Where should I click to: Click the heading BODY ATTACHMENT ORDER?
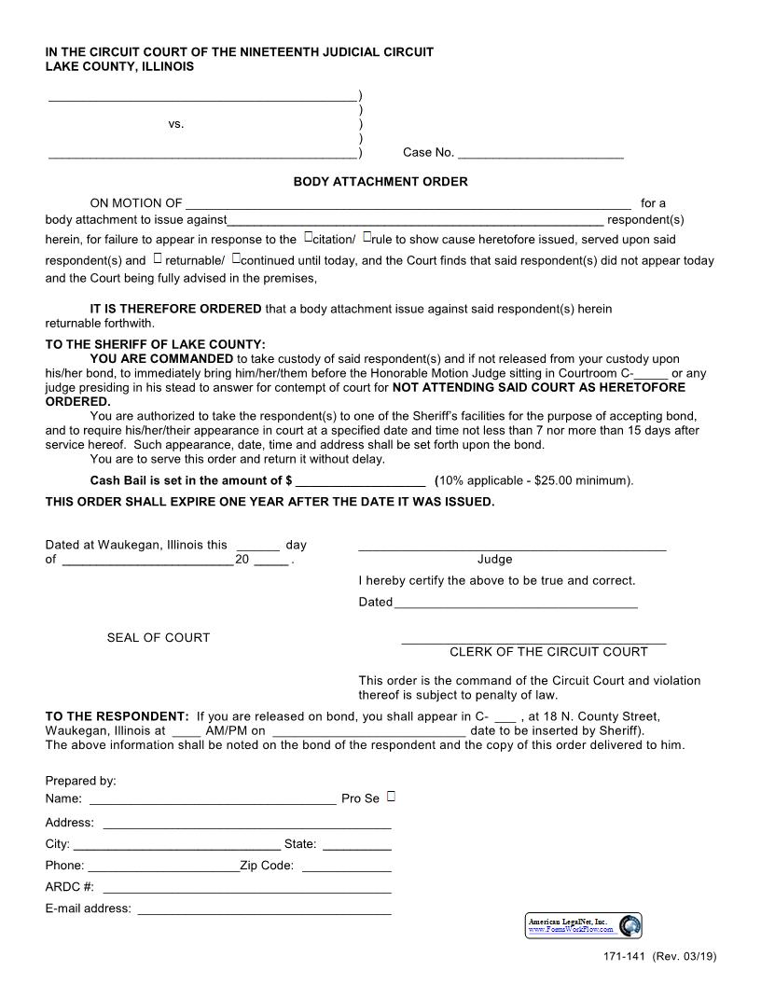point(380,182)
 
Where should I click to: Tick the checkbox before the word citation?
point(308,238)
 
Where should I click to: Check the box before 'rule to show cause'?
point(367,238)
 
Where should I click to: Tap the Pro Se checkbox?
point(391,797)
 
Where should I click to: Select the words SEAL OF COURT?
point(159,638)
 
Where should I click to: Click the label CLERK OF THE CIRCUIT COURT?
point(548,652)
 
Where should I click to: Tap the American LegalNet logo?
point(584,925)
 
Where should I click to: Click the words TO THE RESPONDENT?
point(117,716)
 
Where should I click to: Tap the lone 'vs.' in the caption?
point(176,124)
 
